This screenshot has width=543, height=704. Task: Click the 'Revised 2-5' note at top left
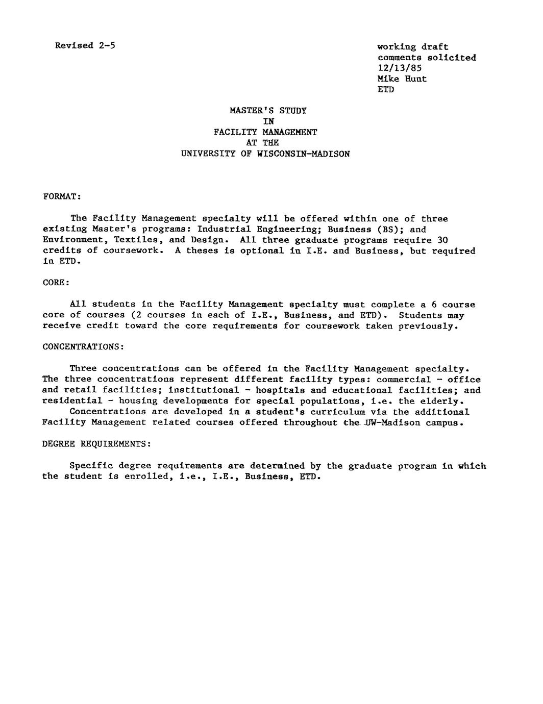[x=85, y=45]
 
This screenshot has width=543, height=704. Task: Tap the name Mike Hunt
[x=402, y=79]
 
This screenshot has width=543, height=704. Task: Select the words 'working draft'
[x=412, y=47]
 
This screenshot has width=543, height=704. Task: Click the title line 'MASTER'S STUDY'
[x=268, y=110]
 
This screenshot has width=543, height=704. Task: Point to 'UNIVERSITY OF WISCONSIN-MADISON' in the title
[x=265, y=154]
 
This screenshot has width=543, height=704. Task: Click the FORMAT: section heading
[x=62, y=196]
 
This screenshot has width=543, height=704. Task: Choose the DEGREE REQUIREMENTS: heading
[x=96, y=444]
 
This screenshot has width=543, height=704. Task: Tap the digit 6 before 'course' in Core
[x=434, y=305]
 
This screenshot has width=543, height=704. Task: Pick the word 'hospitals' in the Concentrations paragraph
[x=280, y=390]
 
